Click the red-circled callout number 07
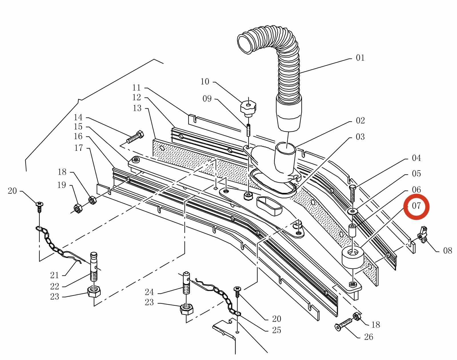click(x=416, y=206)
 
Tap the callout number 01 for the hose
click(x=360, y=58)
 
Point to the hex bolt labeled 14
click(x=135, y=137)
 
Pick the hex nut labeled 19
click(x=78, y=208)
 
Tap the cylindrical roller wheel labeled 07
click(x=353, y=257)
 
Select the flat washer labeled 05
click(x=353, y=211)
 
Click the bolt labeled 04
click(x=352, y=193)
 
